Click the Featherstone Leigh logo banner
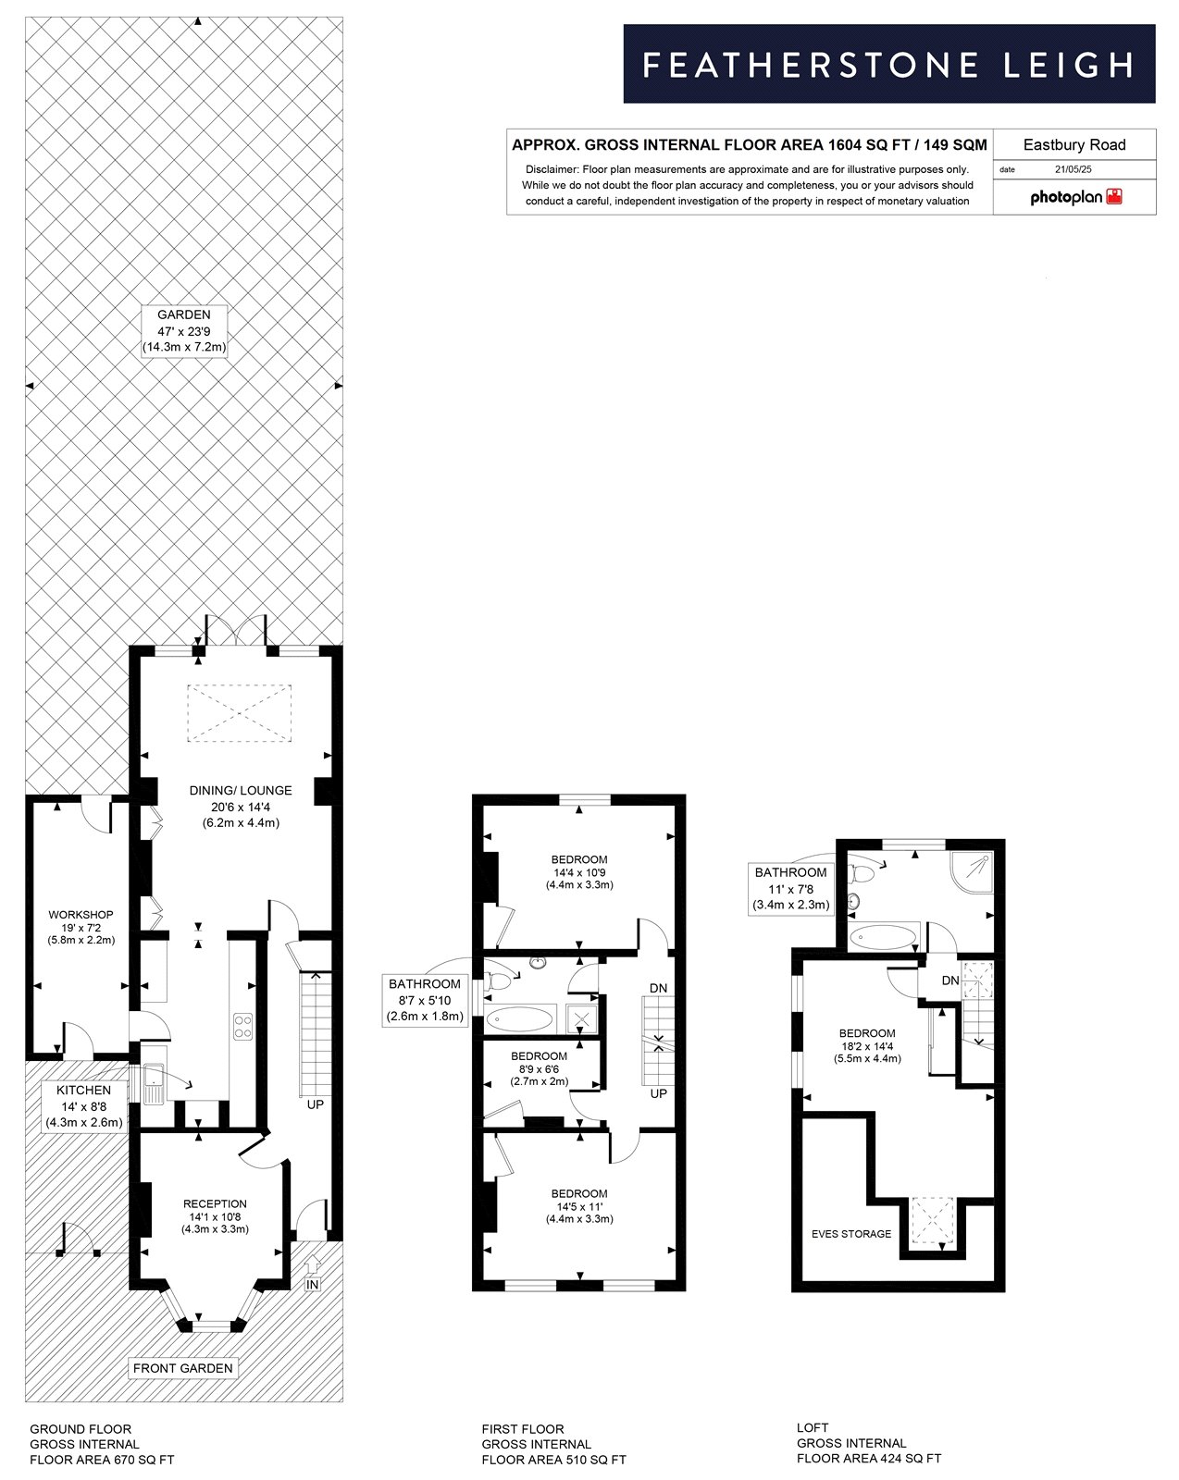pyautogui.click(x=888, y=64)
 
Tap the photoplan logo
pyautogui.click(x=1075, y=197)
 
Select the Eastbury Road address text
pyautogui.click(x=1074, y=145)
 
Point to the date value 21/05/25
pyautogui.click(x=1073, y=169)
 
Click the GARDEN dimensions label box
pyautogui.click(x=184, y=331)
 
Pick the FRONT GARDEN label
pyautogui.click(x=182, y=1368)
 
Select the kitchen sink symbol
pyautogui.click(x=154, y=1083)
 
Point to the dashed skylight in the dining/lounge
pyautogui.click(x=239, y=712)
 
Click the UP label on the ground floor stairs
pyautogui.click(x=316, y=1104)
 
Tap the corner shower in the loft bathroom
pyautogui.click(x=973, y=872)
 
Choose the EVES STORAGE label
pyautogui.click(x=850, y=1233)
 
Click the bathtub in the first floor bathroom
pyautogui.click(x=520, y=1018)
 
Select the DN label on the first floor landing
pyautogui.click(x=658, y=988)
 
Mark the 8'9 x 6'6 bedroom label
pyautogui.click(x=539, y=1068)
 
